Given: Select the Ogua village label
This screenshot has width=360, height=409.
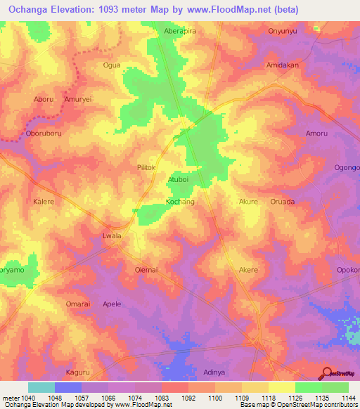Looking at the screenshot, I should click(112, 65).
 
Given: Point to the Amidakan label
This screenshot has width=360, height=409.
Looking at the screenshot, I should click(283, 64).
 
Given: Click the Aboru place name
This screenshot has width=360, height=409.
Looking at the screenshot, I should click(44, 100).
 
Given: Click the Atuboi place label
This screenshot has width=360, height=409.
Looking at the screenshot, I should click(178, 180).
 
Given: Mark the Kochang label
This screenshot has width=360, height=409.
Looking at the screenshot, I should click(179, 202).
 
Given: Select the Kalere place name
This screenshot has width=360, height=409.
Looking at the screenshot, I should click(44, 202).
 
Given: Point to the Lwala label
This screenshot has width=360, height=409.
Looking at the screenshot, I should click(112, 236).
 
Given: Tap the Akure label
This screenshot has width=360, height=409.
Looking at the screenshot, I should click(249, 202).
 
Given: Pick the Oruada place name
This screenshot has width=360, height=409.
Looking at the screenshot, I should click(283, 202).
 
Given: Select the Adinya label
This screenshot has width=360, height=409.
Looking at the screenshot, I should click(214, 372).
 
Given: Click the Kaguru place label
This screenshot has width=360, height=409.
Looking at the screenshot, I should click(77, 372).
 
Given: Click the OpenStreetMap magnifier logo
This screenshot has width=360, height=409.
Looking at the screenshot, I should click(326, 372).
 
